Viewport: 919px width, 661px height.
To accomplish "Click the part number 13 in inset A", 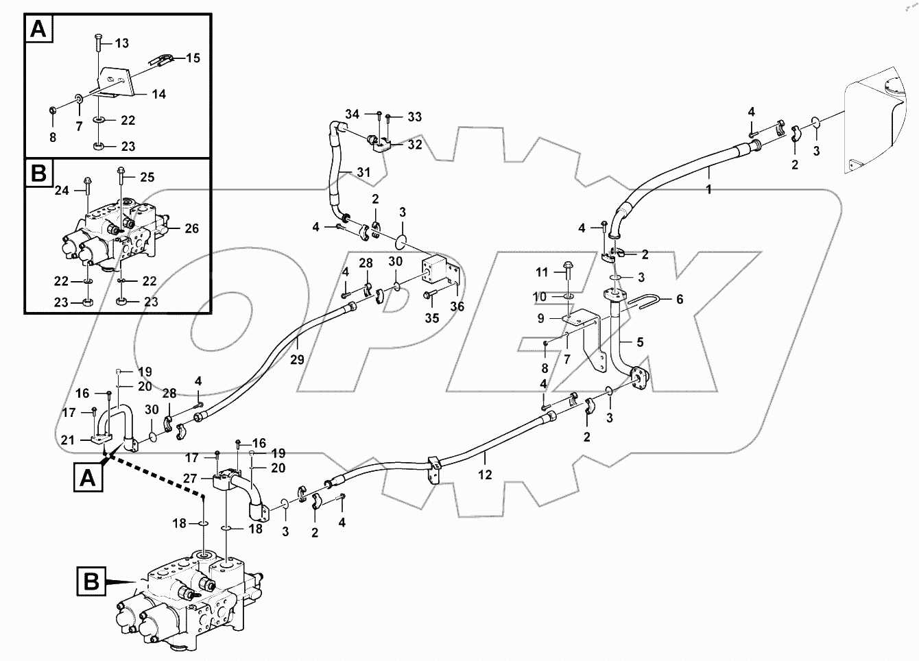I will coord(121,43).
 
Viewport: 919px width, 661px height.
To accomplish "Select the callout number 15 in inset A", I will coord(193,58).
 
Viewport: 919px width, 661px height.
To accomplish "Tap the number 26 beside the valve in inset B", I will coord(191,228).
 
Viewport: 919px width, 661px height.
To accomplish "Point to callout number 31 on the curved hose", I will coord(363,172).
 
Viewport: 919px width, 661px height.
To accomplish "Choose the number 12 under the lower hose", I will coord(485,474).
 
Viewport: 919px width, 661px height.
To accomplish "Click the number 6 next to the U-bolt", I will coord(680,299).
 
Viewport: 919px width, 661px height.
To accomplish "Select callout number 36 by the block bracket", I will coord(457,307).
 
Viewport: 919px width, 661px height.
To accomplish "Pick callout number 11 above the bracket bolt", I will coord(542,272).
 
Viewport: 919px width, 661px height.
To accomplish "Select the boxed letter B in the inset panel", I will coord(39,174).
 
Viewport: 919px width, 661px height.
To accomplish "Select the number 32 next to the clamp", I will coord(415,145).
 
